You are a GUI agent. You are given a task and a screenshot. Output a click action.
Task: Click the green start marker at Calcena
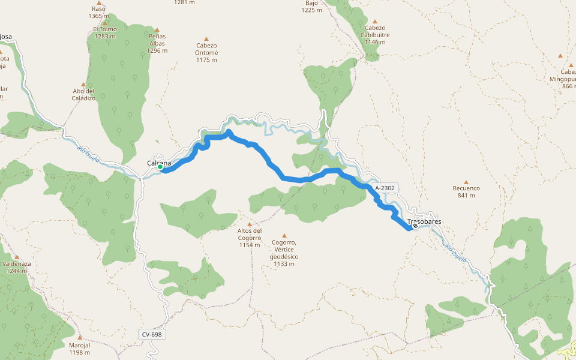click(x=161, y=167)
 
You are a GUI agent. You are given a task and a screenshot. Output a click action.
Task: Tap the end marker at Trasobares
click(x=415, y=226)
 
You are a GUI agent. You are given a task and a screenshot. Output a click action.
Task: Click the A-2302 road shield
click(x=385, y=188)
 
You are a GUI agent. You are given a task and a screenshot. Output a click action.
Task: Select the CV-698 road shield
click(x=152, y=334)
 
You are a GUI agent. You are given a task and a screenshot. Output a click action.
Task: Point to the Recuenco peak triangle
click(x=466, y=182)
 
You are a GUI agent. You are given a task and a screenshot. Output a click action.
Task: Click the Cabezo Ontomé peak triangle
click(x=206, y=38)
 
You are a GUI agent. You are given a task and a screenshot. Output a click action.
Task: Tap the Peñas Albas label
click(x=157, y=43)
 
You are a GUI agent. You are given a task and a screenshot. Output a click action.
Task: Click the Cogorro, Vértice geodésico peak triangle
click(x=284, y=236)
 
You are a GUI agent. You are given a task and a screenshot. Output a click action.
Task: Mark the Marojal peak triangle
click(x=80, y=337)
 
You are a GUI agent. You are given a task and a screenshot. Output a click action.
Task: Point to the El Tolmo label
click(x=104, y=32)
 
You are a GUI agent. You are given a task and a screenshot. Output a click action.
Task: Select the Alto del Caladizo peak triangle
click(x=83, y=85)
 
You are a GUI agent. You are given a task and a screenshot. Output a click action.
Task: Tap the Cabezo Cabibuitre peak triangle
click(x=375, y=21)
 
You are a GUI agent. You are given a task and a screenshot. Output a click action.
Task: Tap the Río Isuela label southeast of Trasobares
click(x=456, y=254)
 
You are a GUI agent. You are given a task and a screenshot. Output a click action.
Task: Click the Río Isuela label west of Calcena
click(x=88, y=155)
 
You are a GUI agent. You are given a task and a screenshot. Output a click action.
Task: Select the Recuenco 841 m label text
click(x=466, y=192)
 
